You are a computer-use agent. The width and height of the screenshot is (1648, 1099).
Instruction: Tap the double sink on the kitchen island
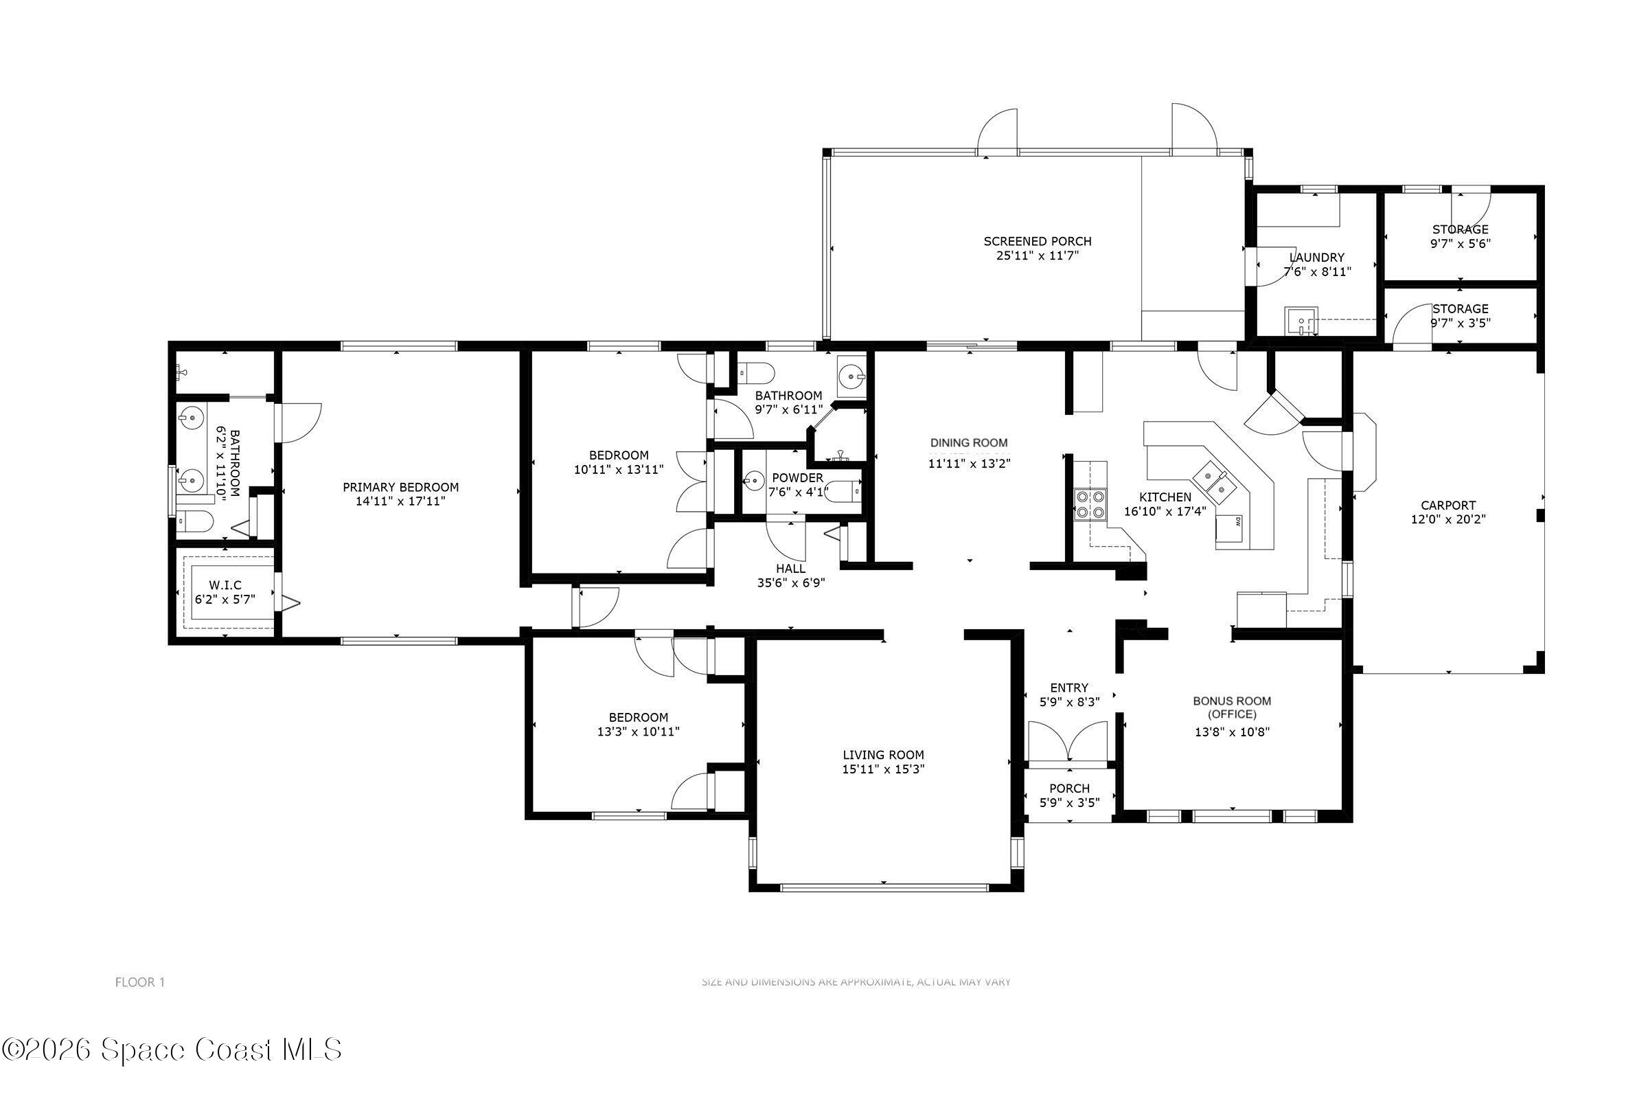click(x=1213, y=483)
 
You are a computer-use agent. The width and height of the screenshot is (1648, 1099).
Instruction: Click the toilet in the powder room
click(x=844, y=492)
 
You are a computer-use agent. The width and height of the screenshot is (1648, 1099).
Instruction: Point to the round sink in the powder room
click(x=754, y=481)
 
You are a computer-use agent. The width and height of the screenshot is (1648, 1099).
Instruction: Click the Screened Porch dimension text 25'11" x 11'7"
click(x=1037, y=256)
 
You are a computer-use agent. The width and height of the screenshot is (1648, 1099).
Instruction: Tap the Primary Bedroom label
click(x=400, y=487)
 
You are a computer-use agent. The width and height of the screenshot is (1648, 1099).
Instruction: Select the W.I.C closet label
click(x=225, y=585)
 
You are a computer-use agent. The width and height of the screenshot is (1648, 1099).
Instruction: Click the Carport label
click(x=1447, y=506)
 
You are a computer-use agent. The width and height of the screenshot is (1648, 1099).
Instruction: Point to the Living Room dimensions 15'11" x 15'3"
click(x=883, y=769)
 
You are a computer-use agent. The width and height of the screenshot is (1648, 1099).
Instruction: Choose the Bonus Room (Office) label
click(x=1232, y=707)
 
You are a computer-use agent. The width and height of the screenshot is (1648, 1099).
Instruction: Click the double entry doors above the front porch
click(x=1068, y=743)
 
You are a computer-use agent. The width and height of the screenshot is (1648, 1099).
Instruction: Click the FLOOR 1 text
click(x=139, y=982)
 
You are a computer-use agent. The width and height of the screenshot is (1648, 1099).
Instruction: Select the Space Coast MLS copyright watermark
click(x=172, y=1050)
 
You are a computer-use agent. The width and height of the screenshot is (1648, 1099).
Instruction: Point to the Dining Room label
click(x=968, y=443)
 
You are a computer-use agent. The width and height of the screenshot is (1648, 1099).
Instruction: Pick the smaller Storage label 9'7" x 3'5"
click(x=1460, y=316)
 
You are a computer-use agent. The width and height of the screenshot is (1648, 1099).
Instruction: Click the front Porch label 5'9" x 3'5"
click(x=1069, y=795)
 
